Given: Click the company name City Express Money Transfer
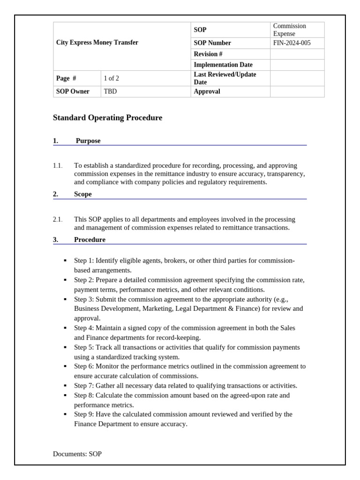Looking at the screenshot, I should point(97,43).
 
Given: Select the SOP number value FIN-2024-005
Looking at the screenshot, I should point(292,43).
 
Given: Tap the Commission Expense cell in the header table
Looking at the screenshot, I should point(290,30).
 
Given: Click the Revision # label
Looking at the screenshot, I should point(208,54).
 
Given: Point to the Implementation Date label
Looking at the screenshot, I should point(223,65).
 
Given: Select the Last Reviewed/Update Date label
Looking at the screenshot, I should point(225,78).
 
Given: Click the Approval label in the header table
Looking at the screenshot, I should point(207,91).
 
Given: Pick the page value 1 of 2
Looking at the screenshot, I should point(112,78).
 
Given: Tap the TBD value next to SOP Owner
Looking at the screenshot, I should point(110,91).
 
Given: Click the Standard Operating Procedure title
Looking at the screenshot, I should point(107,118).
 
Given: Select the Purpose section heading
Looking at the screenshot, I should point(88,141).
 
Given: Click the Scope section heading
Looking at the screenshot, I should point(83,194).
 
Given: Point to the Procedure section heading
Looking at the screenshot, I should point(90,240).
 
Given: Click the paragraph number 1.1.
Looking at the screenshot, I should point(58,165).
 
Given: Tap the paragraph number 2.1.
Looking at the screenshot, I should point(58,219).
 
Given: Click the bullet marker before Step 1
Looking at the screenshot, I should point(65,260).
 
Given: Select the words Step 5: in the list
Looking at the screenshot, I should point(84,347).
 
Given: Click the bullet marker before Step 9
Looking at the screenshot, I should point(65,414).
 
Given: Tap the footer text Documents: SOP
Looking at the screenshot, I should point(77,454).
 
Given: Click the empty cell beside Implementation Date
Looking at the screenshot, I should point(297,65).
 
